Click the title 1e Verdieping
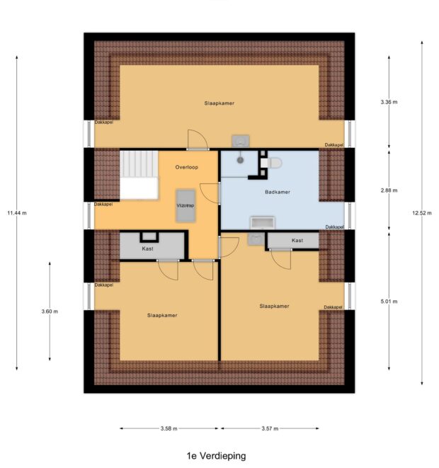[x=216, y=456]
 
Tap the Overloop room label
[x=187, y=167]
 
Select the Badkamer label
[x=278, y=192]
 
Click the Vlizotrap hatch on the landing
[x=186, y=205]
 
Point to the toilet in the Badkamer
[x=272, y=164]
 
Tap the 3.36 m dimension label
[x=389, y=102]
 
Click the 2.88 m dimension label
[x=389, y=190]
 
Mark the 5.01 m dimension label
[x=389, y=301]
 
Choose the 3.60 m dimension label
[x=50, y=311]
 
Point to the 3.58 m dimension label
[x=169, y=428]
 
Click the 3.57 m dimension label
[x=270, y=428]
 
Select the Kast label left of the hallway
[x=147, y=249]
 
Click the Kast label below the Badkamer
[x=297, y=241]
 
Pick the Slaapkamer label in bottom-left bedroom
[x=162, y=315]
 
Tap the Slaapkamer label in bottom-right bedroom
[x=274, y=306]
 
